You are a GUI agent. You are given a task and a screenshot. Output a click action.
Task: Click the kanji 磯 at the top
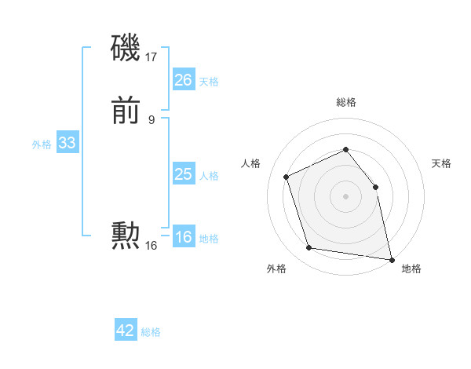pyautogui.click(x=126, y=49)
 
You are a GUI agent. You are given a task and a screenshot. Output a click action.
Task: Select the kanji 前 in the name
pyautogui.click(x=126, y=112)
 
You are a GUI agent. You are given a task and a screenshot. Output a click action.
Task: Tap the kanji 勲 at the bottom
pyautogui.click(x=126, y=236)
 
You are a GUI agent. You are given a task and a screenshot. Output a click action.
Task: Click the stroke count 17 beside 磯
pyautogui.click(x=152, y=57)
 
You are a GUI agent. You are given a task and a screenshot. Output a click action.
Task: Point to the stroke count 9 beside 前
pyautogui.click(x=152, y=120)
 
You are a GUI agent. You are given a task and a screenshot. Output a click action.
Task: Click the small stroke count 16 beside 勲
pyautogui.click(x=152, y=246)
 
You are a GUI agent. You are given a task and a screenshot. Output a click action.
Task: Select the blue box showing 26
pyautogui.click(x=184, y=80)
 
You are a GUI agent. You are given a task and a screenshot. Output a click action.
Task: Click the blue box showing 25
pyautogui.click(x=184, y=174)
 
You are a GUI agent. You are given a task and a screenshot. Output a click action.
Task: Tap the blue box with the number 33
pyautogui.click(x=67, y=144)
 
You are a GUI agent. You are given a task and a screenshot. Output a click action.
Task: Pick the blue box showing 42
pyautogui.click(x=126, y=331)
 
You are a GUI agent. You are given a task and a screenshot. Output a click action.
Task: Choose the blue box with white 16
pyautogui.click(x=184, y=238)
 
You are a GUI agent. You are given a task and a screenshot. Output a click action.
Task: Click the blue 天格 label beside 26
pyautogui.click(x=209, y=82)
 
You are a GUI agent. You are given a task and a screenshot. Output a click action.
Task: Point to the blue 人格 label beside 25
pyautogui.click(x=209, y=176)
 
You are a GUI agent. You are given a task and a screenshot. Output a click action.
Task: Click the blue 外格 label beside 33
pyautogui.click(x=42, y=144)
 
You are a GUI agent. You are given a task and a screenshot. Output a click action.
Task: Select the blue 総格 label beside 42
pyautogui.click(x=151, y=332)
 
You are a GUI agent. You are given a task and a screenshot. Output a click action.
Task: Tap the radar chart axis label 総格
pyautogui.click(x=346, y=102)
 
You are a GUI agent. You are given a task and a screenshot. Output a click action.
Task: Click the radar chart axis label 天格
pyautogui.click(x=441, y=163)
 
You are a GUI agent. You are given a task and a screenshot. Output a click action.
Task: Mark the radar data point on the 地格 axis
pyautogui.click(x=392, y=258)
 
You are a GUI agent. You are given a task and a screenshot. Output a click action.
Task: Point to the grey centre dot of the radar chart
pyautogui.click(x=346, y=196)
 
